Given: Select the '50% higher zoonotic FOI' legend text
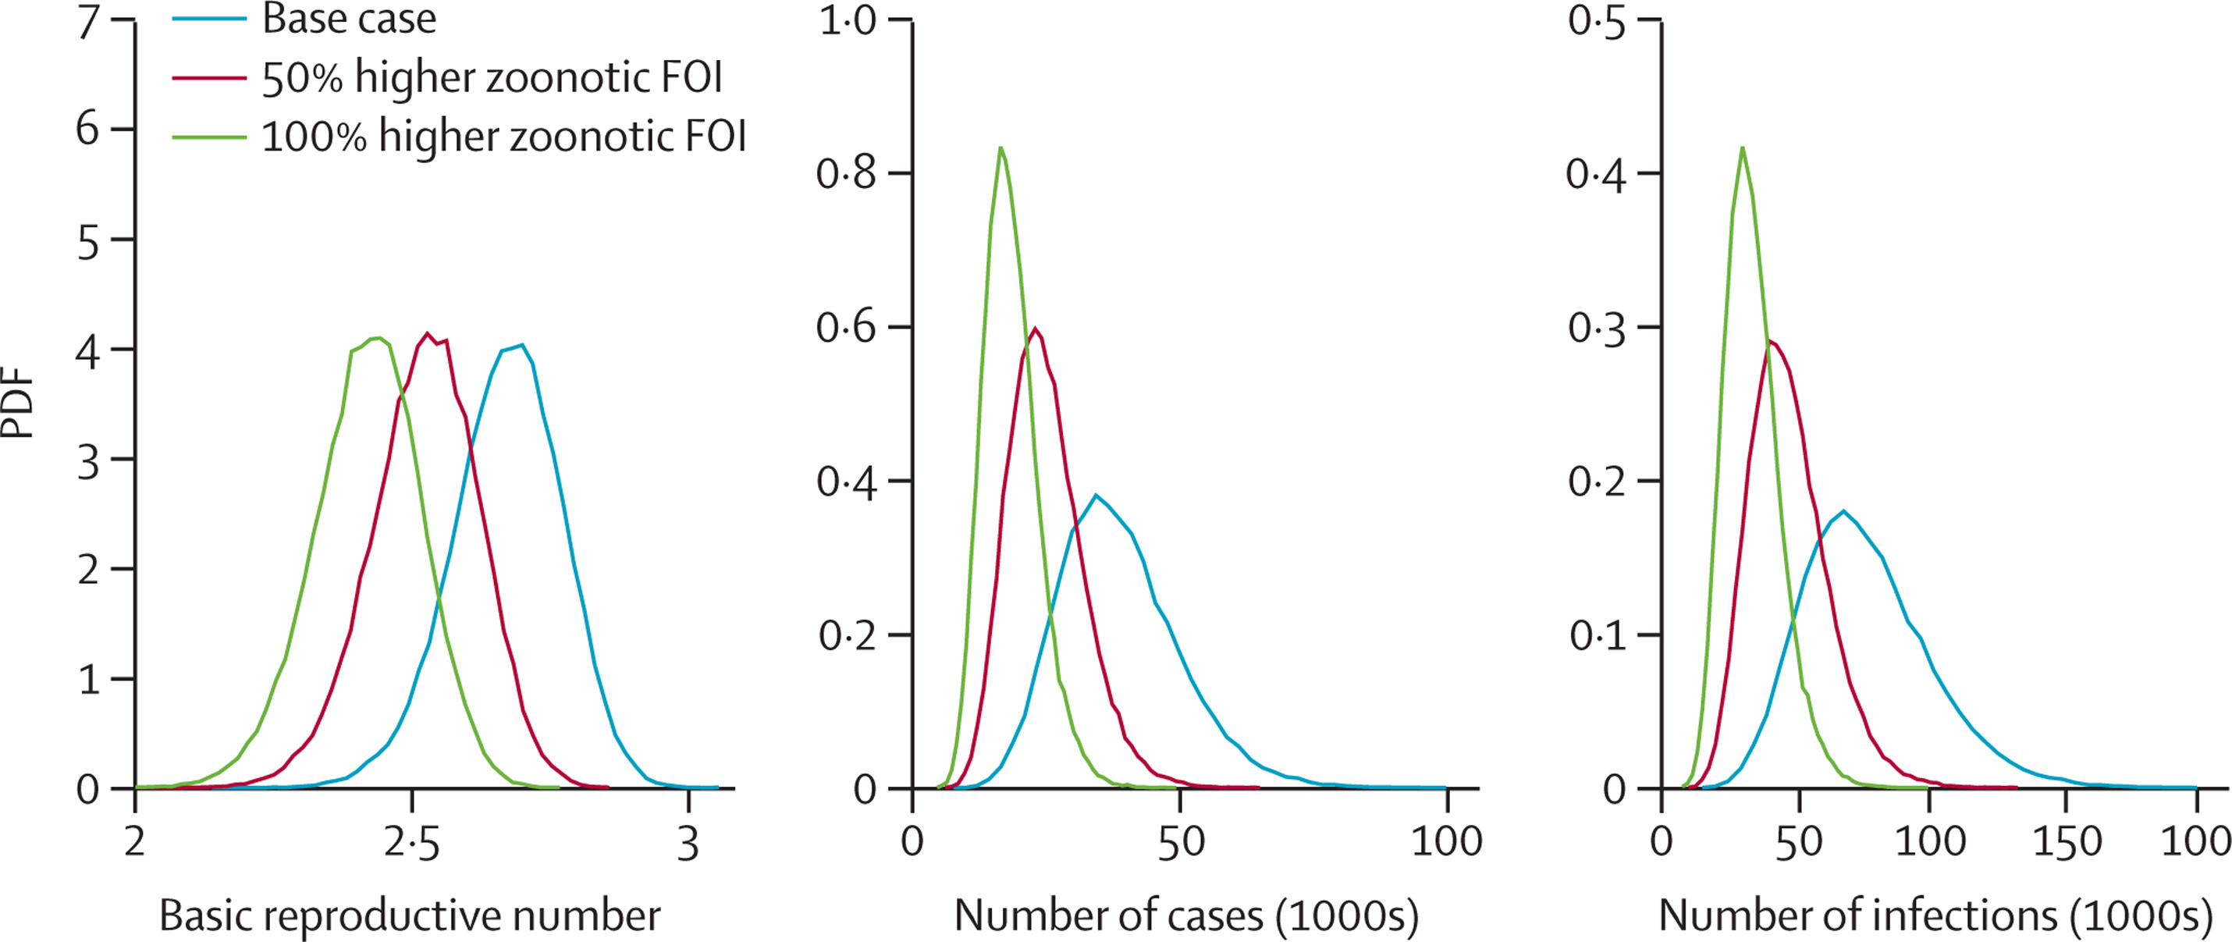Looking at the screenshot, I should pos(492,78).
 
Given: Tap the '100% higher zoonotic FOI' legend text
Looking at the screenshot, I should pos(503,137).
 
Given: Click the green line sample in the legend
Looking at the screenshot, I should pos(209,137).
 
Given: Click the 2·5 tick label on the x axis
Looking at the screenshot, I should pos(411,843).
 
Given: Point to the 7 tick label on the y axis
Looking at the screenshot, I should pos(87,23).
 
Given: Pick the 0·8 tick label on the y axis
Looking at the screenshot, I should pos(846,173).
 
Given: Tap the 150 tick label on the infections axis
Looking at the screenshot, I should pos(2067,843).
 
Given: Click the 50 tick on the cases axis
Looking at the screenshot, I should pos(1180,843).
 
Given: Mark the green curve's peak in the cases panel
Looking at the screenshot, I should pos(1000,148).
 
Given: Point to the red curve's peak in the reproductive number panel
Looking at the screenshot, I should pos(427,332).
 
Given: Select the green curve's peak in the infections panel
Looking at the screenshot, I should pos(1743,148).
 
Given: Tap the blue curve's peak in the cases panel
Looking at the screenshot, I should pos(1096,495).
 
